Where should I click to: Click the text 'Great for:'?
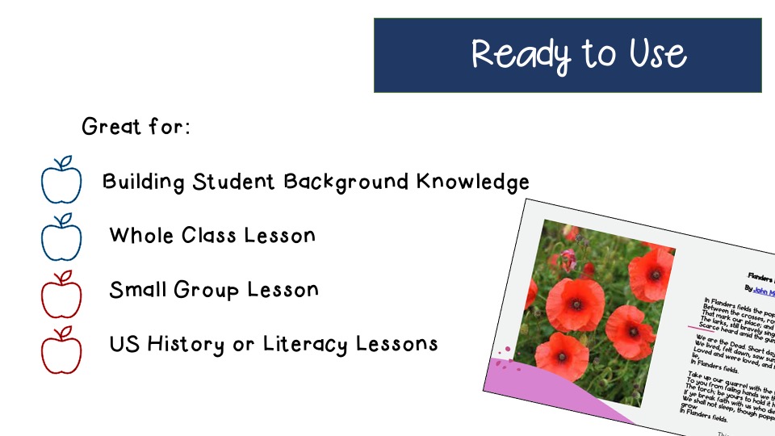[136, 127]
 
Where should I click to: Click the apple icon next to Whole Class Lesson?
[61, 237]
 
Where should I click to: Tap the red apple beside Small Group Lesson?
[61, 295]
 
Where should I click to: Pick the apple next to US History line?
[61, 350]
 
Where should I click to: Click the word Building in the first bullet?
[144, 182]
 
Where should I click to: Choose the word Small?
[138, 289]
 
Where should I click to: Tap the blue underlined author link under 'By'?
[763, 290]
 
